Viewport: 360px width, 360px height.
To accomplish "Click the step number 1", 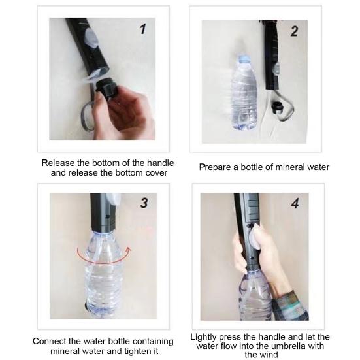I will coord(142,29).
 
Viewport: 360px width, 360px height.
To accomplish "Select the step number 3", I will coord(143,203).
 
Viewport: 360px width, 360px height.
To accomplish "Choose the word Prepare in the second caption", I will coord(216,167).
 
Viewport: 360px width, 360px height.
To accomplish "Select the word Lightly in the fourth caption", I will coord(206,337).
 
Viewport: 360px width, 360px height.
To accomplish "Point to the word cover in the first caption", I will coord(155,172).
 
